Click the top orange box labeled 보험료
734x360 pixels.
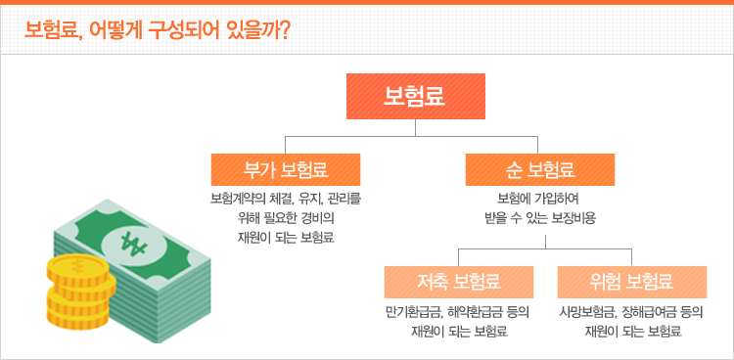click(x=416, y=95)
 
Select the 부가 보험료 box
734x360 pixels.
click(x=286, y=169)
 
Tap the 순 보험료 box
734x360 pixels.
click(x=540, y=169)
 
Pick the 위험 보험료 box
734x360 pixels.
click(x=631, y=283)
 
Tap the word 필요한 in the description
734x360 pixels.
click(x=274, y=218)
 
